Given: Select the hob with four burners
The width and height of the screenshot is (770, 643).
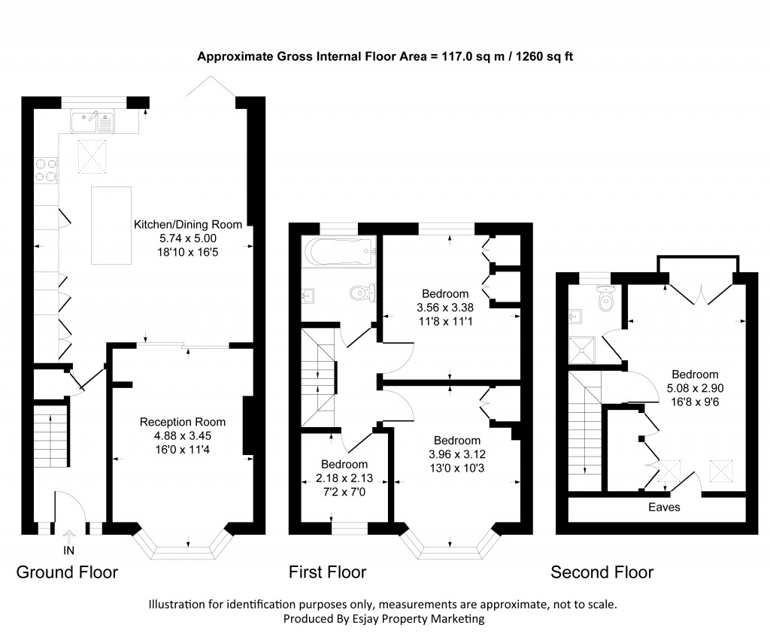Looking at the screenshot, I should [x=46, y=169].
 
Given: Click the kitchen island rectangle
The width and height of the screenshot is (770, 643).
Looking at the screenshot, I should [x=111, y=226].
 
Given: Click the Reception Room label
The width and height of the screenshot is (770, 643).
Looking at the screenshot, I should [x=183, y=422].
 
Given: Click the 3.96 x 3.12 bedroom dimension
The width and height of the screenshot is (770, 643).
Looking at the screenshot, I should [x=456, y=453].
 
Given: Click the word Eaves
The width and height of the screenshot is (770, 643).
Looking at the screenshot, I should [x=664, y=508].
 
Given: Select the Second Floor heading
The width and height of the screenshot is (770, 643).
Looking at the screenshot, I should [x=602, y=572].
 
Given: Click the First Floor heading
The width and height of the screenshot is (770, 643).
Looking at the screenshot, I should [x=327, y=572].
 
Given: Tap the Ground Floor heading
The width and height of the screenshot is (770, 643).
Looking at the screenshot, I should [x=67, y=572].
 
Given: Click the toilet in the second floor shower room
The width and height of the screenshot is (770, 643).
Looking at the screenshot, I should [x=606, y=299].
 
